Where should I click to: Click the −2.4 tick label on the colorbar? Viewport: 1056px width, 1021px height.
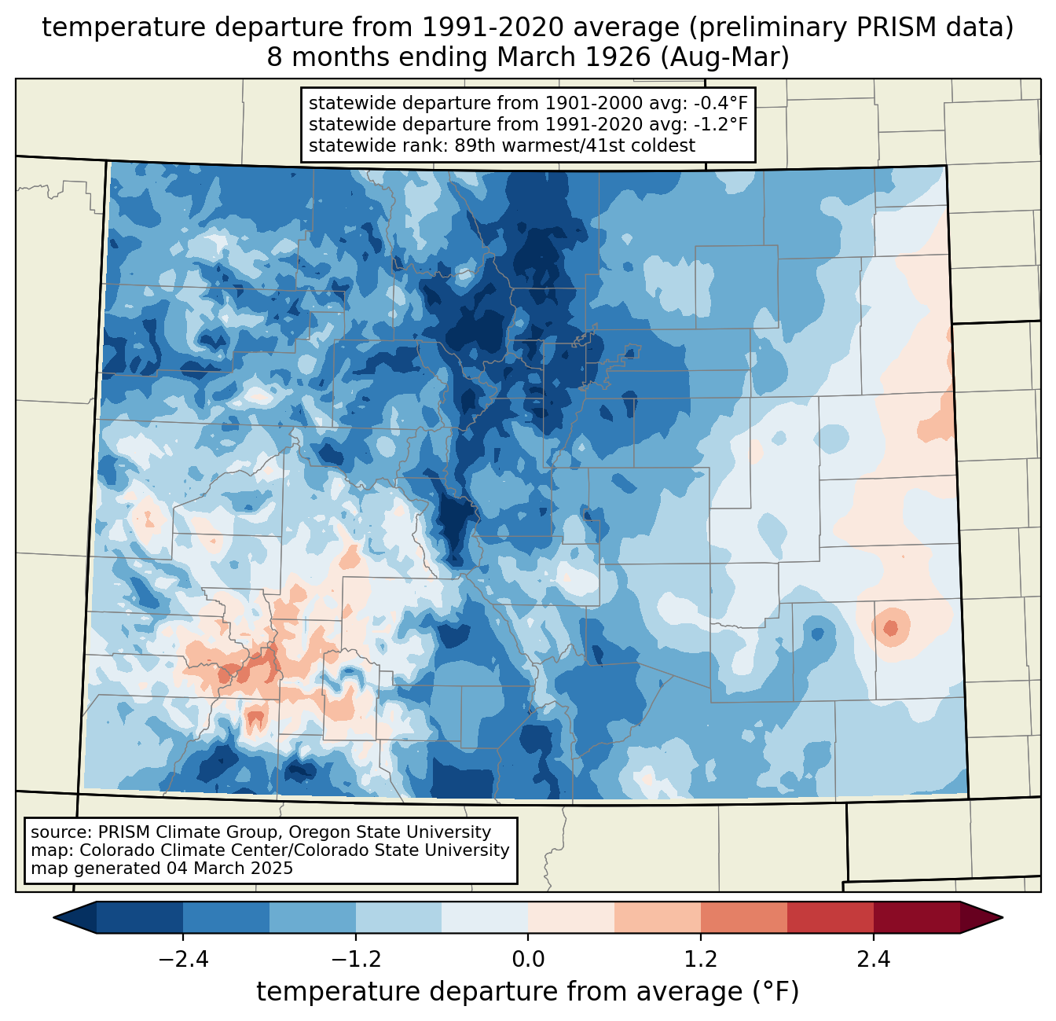pyautogui.click(x=183, y=960)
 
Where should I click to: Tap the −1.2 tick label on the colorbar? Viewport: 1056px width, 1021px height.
pyautogui.click(x=355, y=960)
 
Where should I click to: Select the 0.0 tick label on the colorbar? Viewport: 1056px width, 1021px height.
pyautogui.click(x=528, y=960)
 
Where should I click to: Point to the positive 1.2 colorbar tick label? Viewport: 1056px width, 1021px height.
pyautogui.click(x=701, y=960)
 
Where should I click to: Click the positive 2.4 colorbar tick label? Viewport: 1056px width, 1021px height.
pyautogui.click(x=873, y=960)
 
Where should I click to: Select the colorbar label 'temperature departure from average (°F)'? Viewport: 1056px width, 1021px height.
pyautogui.click(x=528, y=992)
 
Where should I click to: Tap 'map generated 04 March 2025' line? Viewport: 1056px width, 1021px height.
pyautogui.click(x=162, y=869)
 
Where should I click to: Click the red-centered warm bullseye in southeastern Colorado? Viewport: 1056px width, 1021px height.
pyautogui.click(x=890, y=628)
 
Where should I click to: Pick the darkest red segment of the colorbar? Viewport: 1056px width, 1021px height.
pyautogui.click(x=916, y=917)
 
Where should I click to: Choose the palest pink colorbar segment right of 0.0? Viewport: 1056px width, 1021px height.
pyautogui.click(x=571, y=917)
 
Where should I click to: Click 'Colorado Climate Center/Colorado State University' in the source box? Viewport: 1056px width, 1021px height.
pyautogui.click(x=294, y=850)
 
